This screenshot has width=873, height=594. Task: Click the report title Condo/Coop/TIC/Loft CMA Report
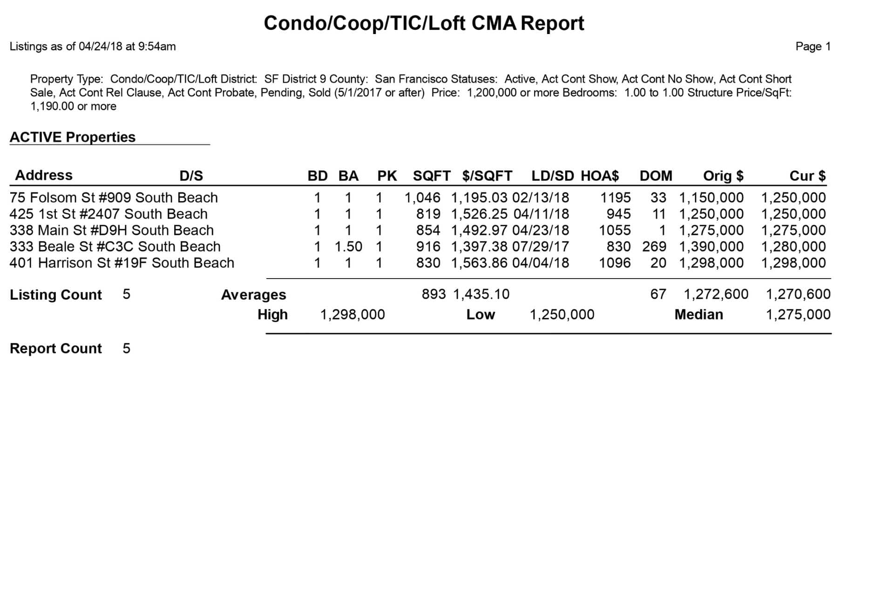(424, 23)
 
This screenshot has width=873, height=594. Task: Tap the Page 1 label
(813, 47)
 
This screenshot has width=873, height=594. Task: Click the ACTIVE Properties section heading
(73, 137)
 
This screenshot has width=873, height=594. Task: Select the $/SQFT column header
(487, 176)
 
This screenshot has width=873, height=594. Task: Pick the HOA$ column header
(600, 176)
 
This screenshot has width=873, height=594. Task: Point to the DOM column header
(656, 176)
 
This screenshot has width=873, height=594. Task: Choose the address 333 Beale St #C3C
(69, 246)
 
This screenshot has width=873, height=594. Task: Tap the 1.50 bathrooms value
(348, 246)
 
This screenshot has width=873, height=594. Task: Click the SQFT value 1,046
(422, 198)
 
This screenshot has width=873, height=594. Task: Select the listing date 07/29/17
(541, 246)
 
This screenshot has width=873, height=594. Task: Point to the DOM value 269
(654, 246)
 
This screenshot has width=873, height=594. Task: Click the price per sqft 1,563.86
(479, 263)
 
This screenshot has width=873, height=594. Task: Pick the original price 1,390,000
(711, 246)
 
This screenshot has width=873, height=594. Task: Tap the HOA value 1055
(615, 230)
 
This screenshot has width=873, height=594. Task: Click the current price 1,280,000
(793, 246)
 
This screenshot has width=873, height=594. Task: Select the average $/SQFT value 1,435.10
(481, 294)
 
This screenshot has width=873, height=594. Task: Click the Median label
(698, 314)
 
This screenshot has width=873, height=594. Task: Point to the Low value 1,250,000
(562, 314)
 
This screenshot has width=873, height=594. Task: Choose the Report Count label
(56, 348)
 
